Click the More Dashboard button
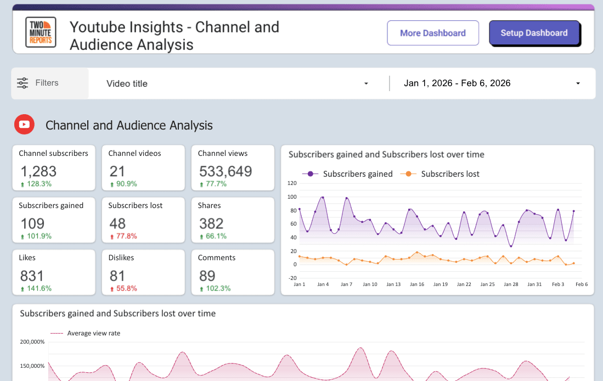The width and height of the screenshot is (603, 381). click(x=432, y=33)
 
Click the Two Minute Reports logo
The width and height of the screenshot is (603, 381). click(x=41, y=32)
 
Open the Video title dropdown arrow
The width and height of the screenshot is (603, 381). click(x=366, y=83)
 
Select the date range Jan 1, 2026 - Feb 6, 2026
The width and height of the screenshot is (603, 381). click(x=457, y=83)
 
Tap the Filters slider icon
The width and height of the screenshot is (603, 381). click(x=22, y=83)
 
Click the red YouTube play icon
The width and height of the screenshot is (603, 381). click(x=25, y=125)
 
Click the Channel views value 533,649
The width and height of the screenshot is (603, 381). click(x=225, y=171)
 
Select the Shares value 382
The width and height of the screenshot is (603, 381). click(x=211, y=223)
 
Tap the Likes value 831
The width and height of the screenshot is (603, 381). click(x=32, y=275)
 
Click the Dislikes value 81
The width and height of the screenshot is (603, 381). click(x=117, y=275)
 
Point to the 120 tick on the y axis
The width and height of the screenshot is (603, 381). click(x=291, y=183)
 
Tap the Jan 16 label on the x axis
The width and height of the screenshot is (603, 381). click(x=417, y=284)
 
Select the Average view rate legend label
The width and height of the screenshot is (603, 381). click(x=93, y=333)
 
